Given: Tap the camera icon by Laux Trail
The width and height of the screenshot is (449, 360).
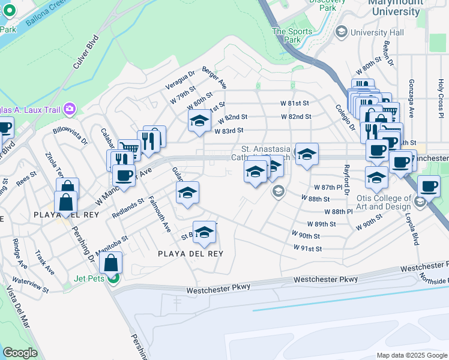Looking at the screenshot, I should coord(70,108).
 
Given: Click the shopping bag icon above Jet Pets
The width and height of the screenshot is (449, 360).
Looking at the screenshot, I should coord(112,262).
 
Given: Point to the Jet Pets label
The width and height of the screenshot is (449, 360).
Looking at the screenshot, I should coord(89,278).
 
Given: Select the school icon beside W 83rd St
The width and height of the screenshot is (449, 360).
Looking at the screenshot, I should coord(199,121).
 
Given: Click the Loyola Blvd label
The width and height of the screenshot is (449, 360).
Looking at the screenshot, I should coord(414,231).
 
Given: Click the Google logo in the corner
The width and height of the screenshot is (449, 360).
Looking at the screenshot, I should coord(20,353).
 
